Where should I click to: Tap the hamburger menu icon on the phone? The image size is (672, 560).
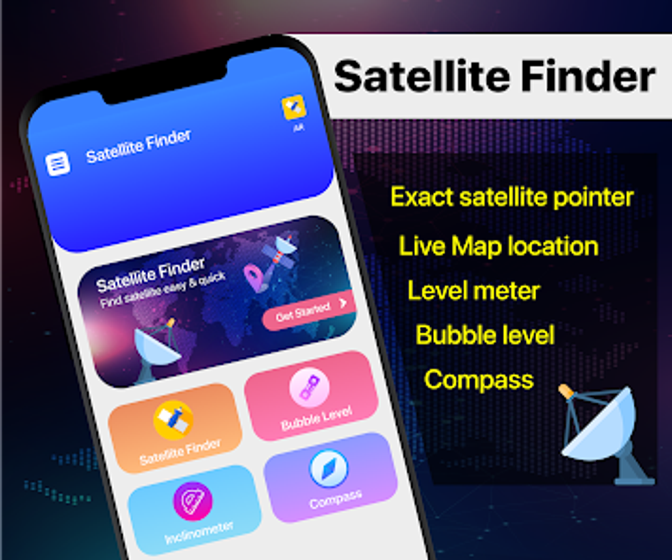58,163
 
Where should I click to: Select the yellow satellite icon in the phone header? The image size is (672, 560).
294,107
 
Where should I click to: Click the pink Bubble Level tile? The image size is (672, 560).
311,396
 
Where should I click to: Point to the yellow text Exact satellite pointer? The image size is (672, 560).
512,196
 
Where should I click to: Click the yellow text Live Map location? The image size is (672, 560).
498,246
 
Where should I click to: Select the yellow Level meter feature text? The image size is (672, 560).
474,291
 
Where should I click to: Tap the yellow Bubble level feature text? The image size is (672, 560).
485,335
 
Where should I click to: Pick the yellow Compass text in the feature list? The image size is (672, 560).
478,379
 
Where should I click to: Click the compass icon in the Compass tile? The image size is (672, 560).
328,468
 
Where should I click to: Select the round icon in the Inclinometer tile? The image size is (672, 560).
192,501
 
